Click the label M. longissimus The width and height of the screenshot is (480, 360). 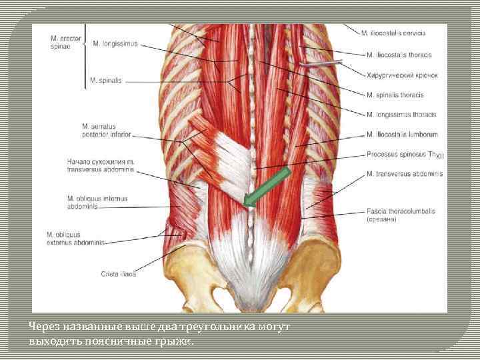click(x=115, y=44)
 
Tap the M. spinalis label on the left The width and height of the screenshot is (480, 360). click(x=106, y=81)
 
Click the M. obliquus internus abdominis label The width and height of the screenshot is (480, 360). click(x=97, y=202)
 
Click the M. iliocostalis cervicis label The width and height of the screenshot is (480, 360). click(x=393, y=33)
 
